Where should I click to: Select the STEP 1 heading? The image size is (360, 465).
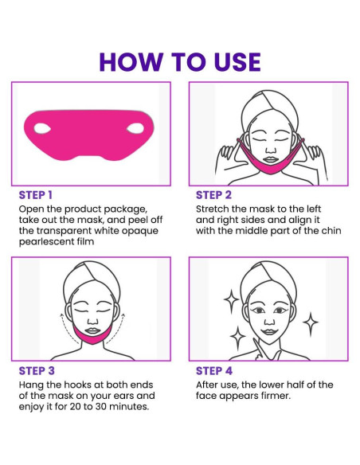(x=36, y=195)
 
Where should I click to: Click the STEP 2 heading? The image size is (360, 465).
(x=213, y=195)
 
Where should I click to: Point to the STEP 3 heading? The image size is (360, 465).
(x=37, y=371)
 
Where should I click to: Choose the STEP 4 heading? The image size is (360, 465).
(x=214, y=371)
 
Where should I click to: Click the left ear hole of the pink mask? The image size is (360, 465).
(x=42, y=128)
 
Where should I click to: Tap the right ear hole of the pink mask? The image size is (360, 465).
(x=135, y=128)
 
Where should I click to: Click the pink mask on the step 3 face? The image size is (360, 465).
(x=93, y=335)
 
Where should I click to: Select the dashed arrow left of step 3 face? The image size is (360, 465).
(x=67, y=328)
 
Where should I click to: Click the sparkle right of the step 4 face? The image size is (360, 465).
(x=310, y=323)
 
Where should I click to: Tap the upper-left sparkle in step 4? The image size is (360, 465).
(x=231, y=300)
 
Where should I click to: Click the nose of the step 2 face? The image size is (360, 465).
(x=270, y=149)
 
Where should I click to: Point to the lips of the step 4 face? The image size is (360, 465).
(x=269, y=331)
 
